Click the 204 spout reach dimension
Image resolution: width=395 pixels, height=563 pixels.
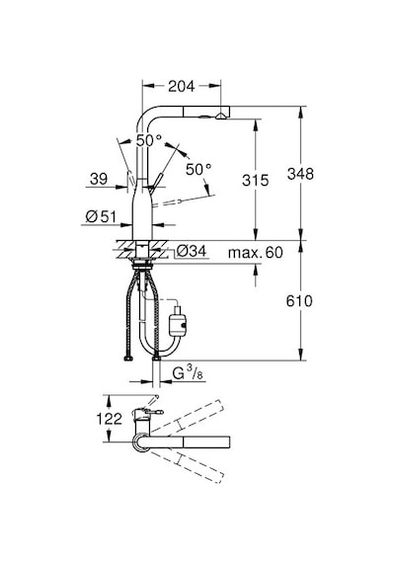click(x=182, y=86)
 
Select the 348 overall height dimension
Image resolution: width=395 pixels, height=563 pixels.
click(x=300, y=174)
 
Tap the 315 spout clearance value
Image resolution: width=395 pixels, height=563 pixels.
click(x=256, y=180)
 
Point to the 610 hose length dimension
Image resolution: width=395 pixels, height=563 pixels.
click(x=299, y=301)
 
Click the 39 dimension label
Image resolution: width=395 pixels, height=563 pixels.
click(x=99, y=179)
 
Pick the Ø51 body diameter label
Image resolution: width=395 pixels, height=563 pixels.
click(x=102, y=216)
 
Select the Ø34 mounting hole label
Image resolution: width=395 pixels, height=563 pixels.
click(x=192, y=251)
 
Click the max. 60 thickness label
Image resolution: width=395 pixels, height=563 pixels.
click(x=256, y=253)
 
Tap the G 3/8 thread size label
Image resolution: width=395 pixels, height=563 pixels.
click(x=188, y=373)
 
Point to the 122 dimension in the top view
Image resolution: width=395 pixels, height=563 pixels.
click(x=110, y=419)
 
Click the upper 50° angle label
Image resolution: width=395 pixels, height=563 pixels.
click(x=149, y=140)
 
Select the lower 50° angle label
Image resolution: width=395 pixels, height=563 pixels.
click(x=198, y=169)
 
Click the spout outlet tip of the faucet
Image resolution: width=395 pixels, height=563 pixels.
click(x=221, y=116)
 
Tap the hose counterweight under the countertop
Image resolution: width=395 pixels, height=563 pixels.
click(x=178, y=321)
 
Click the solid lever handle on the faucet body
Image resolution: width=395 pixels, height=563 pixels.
click(x=156, y=181)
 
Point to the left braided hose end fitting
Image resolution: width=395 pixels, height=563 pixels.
click(x=127, y=359)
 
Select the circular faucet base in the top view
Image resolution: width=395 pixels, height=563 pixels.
click(x=141, y=442)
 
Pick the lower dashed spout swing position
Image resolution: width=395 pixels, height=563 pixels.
click(x=189, y=467)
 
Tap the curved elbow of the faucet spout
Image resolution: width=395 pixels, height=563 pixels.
click(x=143, y=117)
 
